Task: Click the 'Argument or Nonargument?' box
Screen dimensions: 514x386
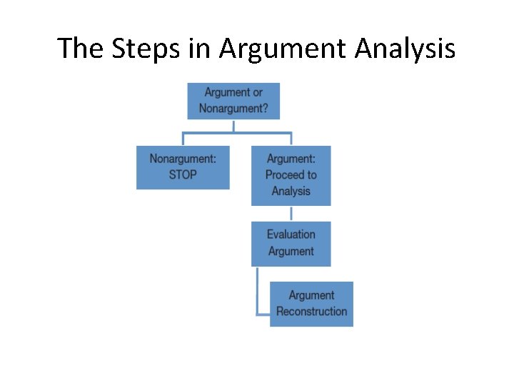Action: pos(233,101)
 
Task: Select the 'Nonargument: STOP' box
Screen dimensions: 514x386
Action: pos(183,167)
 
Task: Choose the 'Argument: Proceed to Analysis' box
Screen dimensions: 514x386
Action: pos(291,175)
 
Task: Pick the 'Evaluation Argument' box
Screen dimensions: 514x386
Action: pos(291,243)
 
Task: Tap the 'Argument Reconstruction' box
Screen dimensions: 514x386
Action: pos(311,304)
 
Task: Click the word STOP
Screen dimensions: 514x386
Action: pos(183,174)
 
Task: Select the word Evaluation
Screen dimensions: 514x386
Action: pos(291,234)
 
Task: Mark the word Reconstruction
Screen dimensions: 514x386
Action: pos(311,312)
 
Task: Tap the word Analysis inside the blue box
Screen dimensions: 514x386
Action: pos(291,191)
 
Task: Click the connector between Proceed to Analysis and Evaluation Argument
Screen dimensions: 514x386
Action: pos(291,213)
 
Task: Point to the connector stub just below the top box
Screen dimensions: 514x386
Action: pos(233,126)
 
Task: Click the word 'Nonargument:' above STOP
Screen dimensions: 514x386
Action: pos(183,158)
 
